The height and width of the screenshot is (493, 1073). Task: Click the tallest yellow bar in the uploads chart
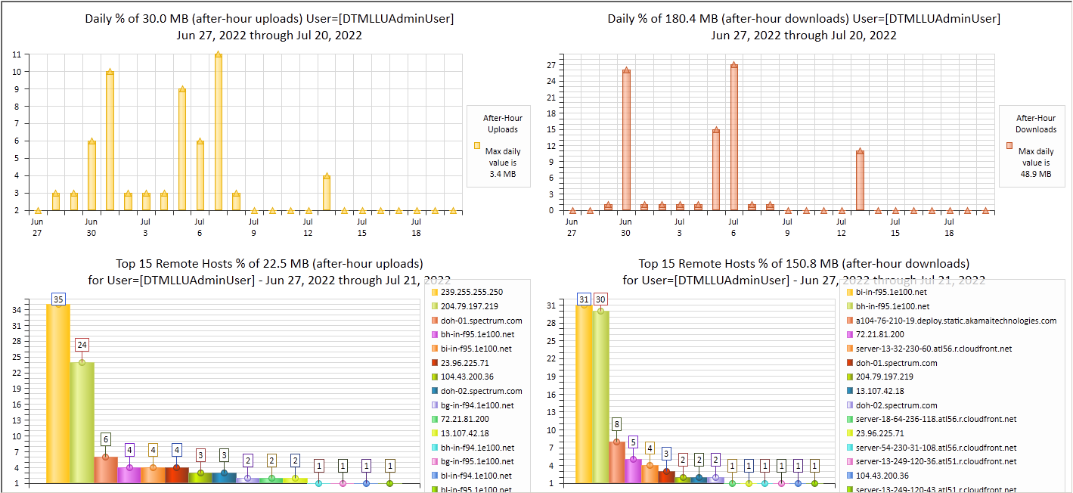pyautogui.click(x=218, y=132)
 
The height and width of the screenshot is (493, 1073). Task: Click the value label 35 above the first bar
pyautogui.click(x=58, y=299)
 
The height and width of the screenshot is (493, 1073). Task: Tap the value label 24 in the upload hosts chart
pyautogui.click(x=82, y=345)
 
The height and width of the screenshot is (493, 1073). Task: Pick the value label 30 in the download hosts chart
pyautogui.click(x=600, y=299)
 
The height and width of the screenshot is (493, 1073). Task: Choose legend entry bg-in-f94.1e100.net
pyautogui.click(x=477, y=405)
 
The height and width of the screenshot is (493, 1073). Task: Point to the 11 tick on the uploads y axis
pyautogui.click(x=16, y=54)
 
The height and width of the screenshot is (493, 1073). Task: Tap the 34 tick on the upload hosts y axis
pyautogui.click(x=16, y=309)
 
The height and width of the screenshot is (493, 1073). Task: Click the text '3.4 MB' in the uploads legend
pyautogui.click(x=503, y=173)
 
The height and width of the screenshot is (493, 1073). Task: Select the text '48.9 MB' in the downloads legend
pyautogui.click(x=1036, y=173)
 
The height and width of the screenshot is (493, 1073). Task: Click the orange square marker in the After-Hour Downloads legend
pyautogui.click(x=1008, y=145)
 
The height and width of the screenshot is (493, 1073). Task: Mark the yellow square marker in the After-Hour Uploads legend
pyautogui.click(x=477, y=145)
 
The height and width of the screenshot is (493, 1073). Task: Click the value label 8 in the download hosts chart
pyautogui.click(x=617, y=425)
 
